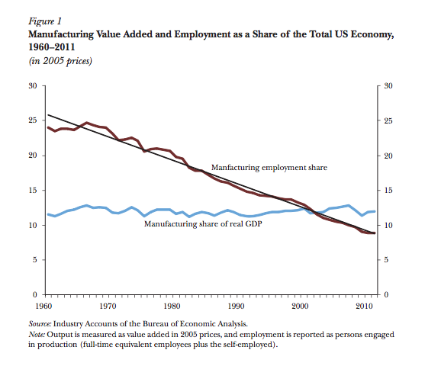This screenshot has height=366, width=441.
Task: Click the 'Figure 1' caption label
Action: (45, 21)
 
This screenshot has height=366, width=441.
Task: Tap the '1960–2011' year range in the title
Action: (51, 47)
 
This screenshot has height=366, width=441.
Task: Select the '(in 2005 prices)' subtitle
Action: (60, 61)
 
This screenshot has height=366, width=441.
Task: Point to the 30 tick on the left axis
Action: (33, 85)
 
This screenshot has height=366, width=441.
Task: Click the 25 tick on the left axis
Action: (33, 120)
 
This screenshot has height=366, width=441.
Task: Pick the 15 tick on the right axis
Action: (388, 191)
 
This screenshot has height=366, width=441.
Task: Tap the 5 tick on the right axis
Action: (386, 260)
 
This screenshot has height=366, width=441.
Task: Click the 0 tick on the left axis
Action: (35, 294)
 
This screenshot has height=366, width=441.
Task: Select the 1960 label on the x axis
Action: (43, 306)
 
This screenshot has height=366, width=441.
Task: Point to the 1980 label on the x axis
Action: (172, 306)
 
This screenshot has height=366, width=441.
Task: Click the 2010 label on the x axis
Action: (364, 306)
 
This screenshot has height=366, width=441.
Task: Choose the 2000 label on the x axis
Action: (300, 306)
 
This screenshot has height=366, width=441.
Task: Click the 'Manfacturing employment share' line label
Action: (269, 168)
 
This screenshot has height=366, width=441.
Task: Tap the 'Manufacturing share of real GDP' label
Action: (203, 224)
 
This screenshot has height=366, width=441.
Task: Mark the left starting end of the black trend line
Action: (48, 114)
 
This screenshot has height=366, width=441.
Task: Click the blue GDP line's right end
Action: (375, 211)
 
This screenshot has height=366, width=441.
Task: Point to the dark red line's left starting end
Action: (48, 127)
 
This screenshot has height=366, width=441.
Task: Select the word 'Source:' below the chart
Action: (40, 324)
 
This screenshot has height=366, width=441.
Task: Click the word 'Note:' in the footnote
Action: (37, 335)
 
